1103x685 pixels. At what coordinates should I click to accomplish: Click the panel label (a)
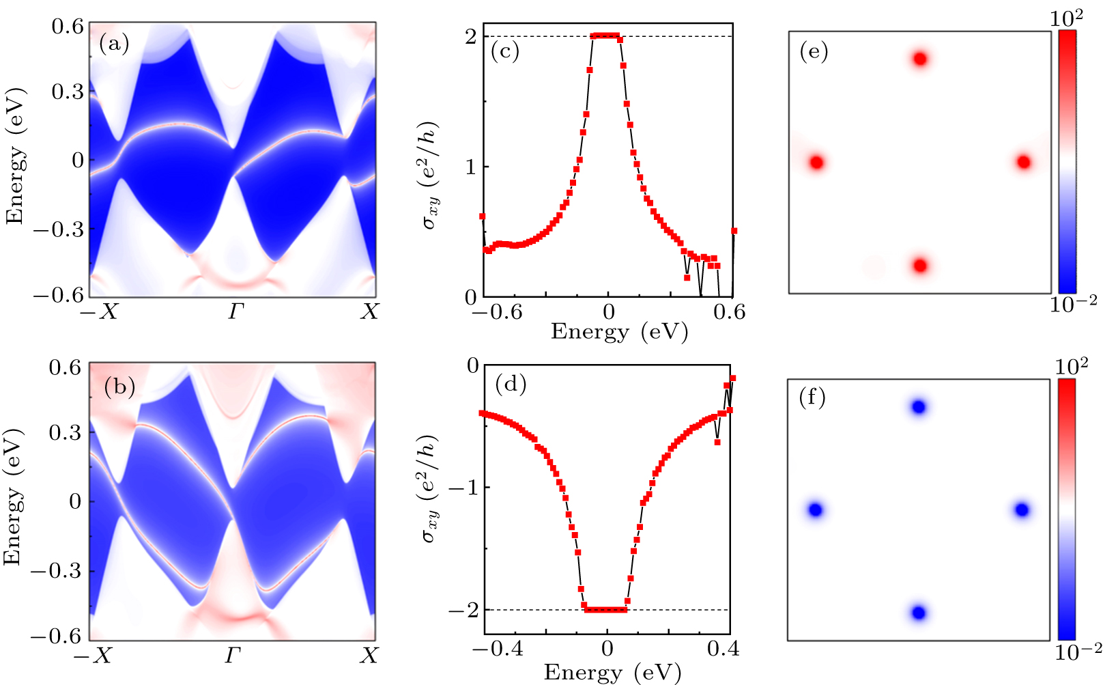tap(114, 44)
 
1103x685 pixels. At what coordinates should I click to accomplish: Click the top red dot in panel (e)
tap(920, 59)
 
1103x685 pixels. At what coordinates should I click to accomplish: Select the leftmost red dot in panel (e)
tap(816, 163)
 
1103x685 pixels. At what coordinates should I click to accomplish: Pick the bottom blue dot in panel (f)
tap(919, 613)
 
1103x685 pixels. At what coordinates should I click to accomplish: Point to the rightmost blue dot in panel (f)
tap(1021, 509)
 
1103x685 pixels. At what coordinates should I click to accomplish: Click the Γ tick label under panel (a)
tap(235, 312)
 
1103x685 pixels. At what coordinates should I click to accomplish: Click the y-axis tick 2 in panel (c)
tap(470, 36)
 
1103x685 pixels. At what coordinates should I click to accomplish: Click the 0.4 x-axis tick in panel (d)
tap(722, 648)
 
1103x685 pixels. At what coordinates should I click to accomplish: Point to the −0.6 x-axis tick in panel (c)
tap(497, 312)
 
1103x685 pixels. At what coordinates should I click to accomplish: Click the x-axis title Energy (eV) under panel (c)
tap(618, 332)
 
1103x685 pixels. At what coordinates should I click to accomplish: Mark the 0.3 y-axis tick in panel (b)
tap(66, 433)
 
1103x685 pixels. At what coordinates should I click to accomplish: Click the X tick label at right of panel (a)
tap(369, 312)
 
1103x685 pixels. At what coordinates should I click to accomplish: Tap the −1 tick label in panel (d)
tap(461, 488)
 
